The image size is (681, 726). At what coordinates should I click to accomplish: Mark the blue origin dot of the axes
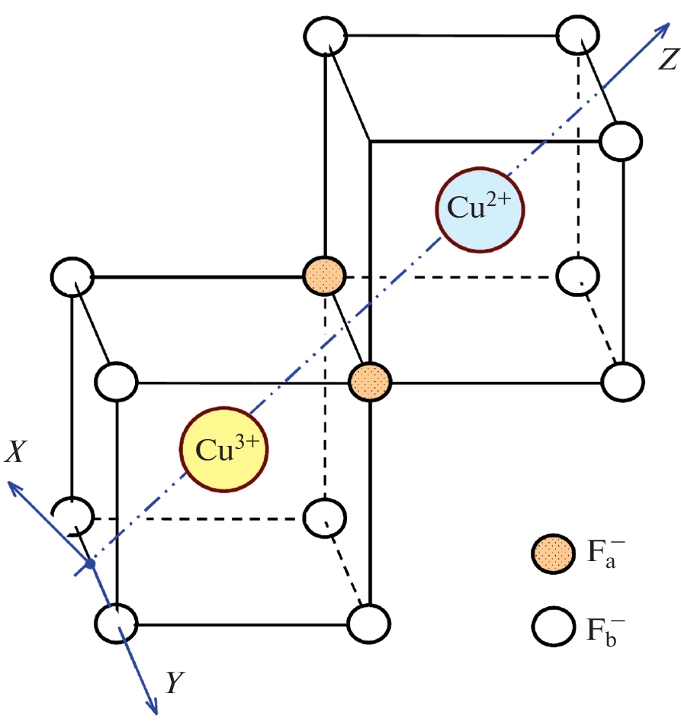click(x=89, y=564)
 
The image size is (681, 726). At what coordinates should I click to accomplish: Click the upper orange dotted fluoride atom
click(x=325, y=275)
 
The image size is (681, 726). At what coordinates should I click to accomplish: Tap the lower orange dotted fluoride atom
click(x=370, y=379)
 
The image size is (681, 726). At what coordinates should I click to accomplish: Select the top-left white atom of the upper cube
click(x=326, y=36)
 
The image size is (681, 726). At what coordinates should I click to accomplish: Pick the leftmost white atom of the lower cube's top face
click(x=74, y=276)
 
